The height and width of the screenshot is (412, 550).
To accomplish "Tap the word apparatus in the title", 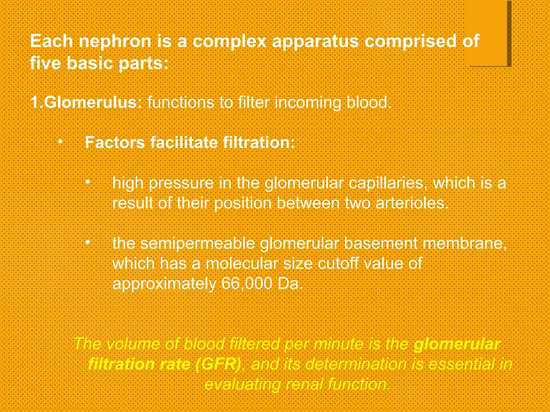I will [315, 42].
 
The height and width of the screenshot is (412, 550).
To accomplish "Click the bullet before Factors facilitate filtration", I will [61, 141].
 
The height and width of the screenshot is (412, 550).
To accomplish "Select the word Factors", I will [115, 142].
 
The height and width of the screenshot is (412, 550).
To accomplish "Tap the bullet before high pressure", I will [88, 182].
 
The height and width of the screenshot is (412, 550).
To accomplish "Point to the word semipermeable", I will [197, 244].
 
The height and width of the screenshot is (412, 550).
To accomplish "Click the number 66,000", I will [247, 284].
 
